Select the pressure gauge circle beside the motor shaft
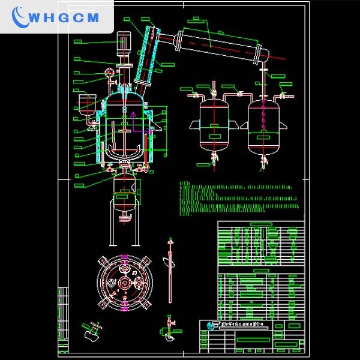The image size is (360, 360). click(109, 73)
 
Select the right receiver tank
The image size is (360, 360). click(265, 126)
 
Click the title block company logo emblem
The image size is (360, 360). click(210, 326)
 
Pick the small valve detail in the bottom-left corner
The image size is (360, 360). click(92, 331)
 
